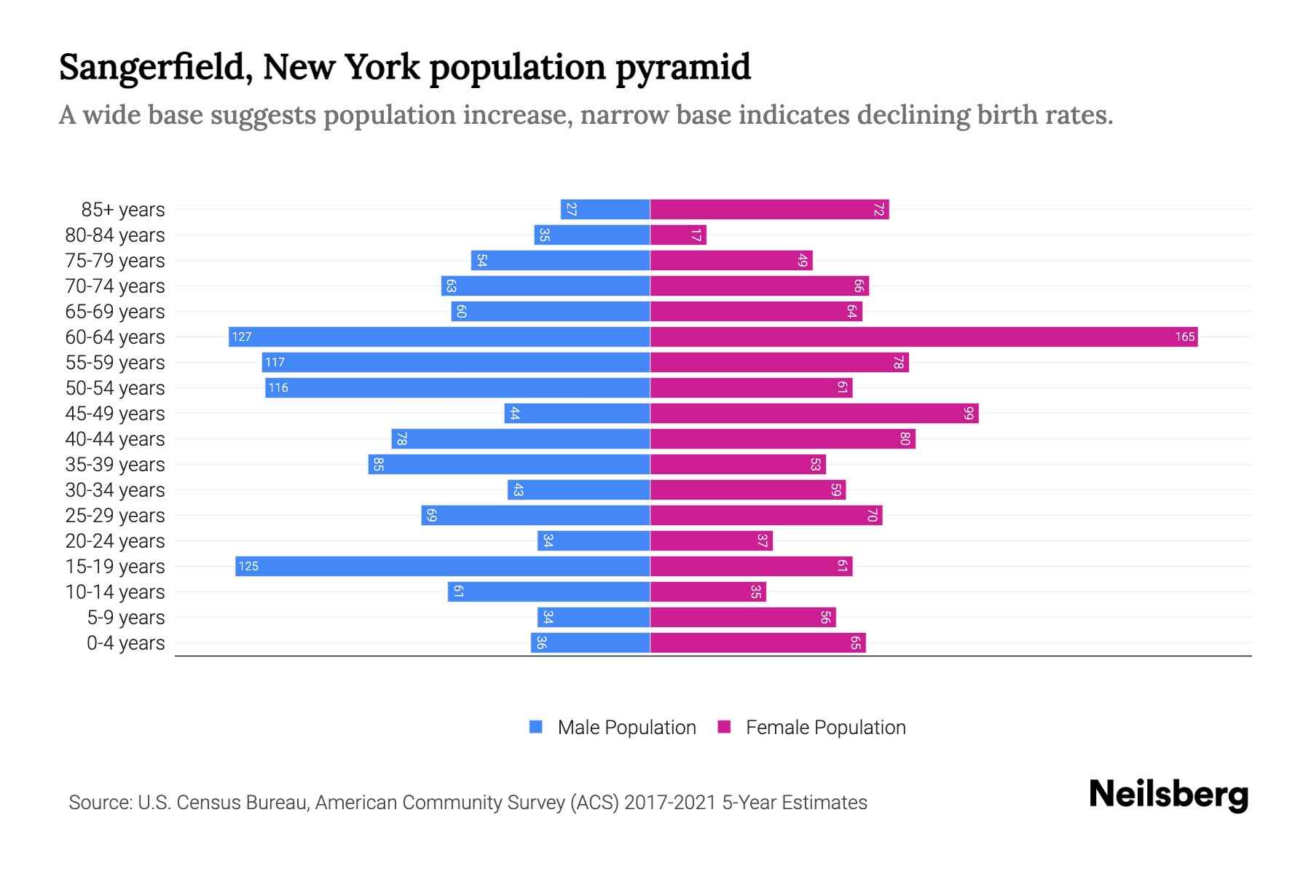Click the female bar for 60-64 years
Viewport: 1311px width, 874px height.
tap(924, 336)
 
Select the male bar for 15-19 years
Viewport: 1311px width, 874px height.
tap(442, 566)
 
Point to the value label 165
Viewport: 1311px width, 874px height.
tap(1184, 336)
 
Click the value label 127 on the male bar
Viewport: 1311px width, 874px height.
tap(242, 336)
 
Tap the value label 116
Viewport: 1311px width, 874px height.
tap(278, 387)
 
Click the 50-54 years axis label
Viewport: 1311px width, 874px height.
tap(115, 387)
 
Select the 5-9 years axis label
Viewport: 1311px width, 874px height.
tap(126, 618)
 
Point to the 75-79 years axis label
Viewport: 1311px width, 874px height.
tap(115, 261)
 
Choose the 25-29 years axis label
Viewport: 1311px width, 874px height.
tap(115, 516)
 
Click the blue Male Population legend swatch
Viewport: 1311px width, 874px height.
tap(536, 727)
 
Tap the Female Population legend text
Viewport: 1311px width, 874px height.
tap(825, 727)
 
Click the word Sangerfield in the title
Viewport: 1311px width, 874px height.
tap(155, 67)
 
